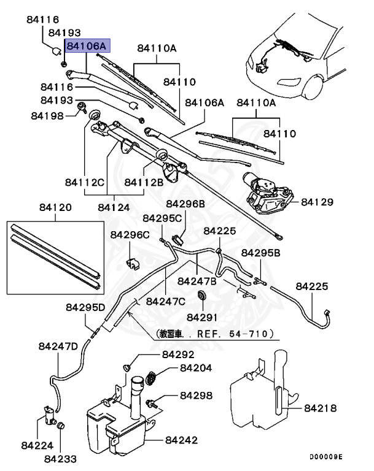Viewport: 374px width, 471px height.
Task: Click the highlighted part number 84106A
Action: pos(87,46)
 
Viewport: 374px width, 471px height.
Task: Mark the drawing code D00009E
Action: pos(325,457)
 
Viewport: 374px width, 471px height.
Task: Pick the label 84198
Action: pos(47,115)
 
